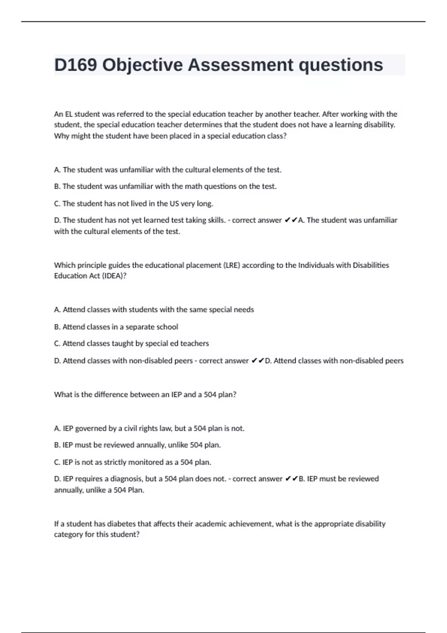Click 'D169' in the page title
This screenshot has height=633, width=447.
(x=76, y=65)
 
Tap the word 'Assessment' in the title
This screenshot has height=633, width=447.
(x=241, y=65)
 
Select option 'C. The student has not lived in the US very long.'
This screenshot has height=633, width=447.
(x=133, y=204)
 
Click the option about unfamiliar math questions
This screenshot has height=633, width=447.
(x=165, y=187)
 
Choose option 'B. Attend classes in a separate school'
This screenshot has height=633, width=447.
(x=116, y=327)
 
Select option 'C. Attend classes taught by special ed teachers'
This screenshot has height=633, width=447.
(x=131, y=343)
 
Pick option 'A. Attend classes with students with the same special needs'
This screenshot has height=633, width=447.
(x=154, y=310)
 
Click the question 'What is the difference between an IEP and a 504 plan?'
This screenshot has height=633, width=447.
(x=145, y=395)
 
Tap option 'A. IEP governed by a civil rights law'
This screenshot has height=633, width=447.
(x=149, y=429)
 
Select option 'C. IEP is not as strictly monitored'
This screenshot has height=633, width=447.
(x=132, y=462)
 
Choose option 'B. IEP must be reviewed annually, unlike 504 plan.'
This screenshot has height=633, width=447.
(x=137, y=445)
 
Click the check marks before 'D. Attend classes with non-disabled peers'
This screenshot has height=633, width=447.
(x=258, y=361)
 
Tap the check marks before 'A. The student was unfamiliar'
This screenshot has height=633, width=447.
(x=291, y=220)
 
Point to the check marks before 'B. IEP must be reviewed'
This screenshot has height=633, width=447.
(x=291, y=479)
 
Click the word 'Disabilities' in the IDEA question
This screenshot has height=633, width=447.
(x=371, y=265)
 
